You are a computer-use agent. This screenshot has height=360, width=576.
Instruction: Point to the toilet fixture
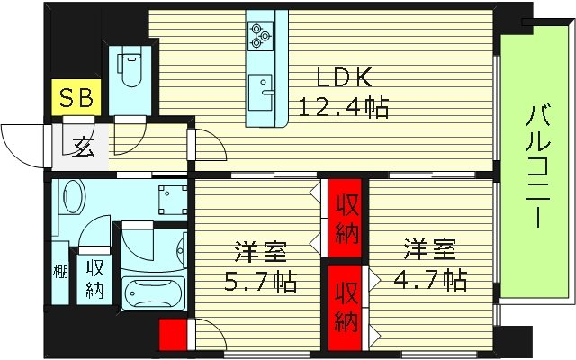click(130, 72)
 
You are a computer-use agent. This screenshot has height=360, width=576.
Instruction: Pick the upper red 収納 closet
click(346, 220)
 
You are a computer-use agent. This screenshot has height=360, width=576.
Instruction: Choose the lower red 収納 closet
click(346, 306)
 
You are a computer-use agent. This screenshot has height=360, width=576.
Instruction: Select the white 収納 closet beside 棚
click(94, 279)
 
